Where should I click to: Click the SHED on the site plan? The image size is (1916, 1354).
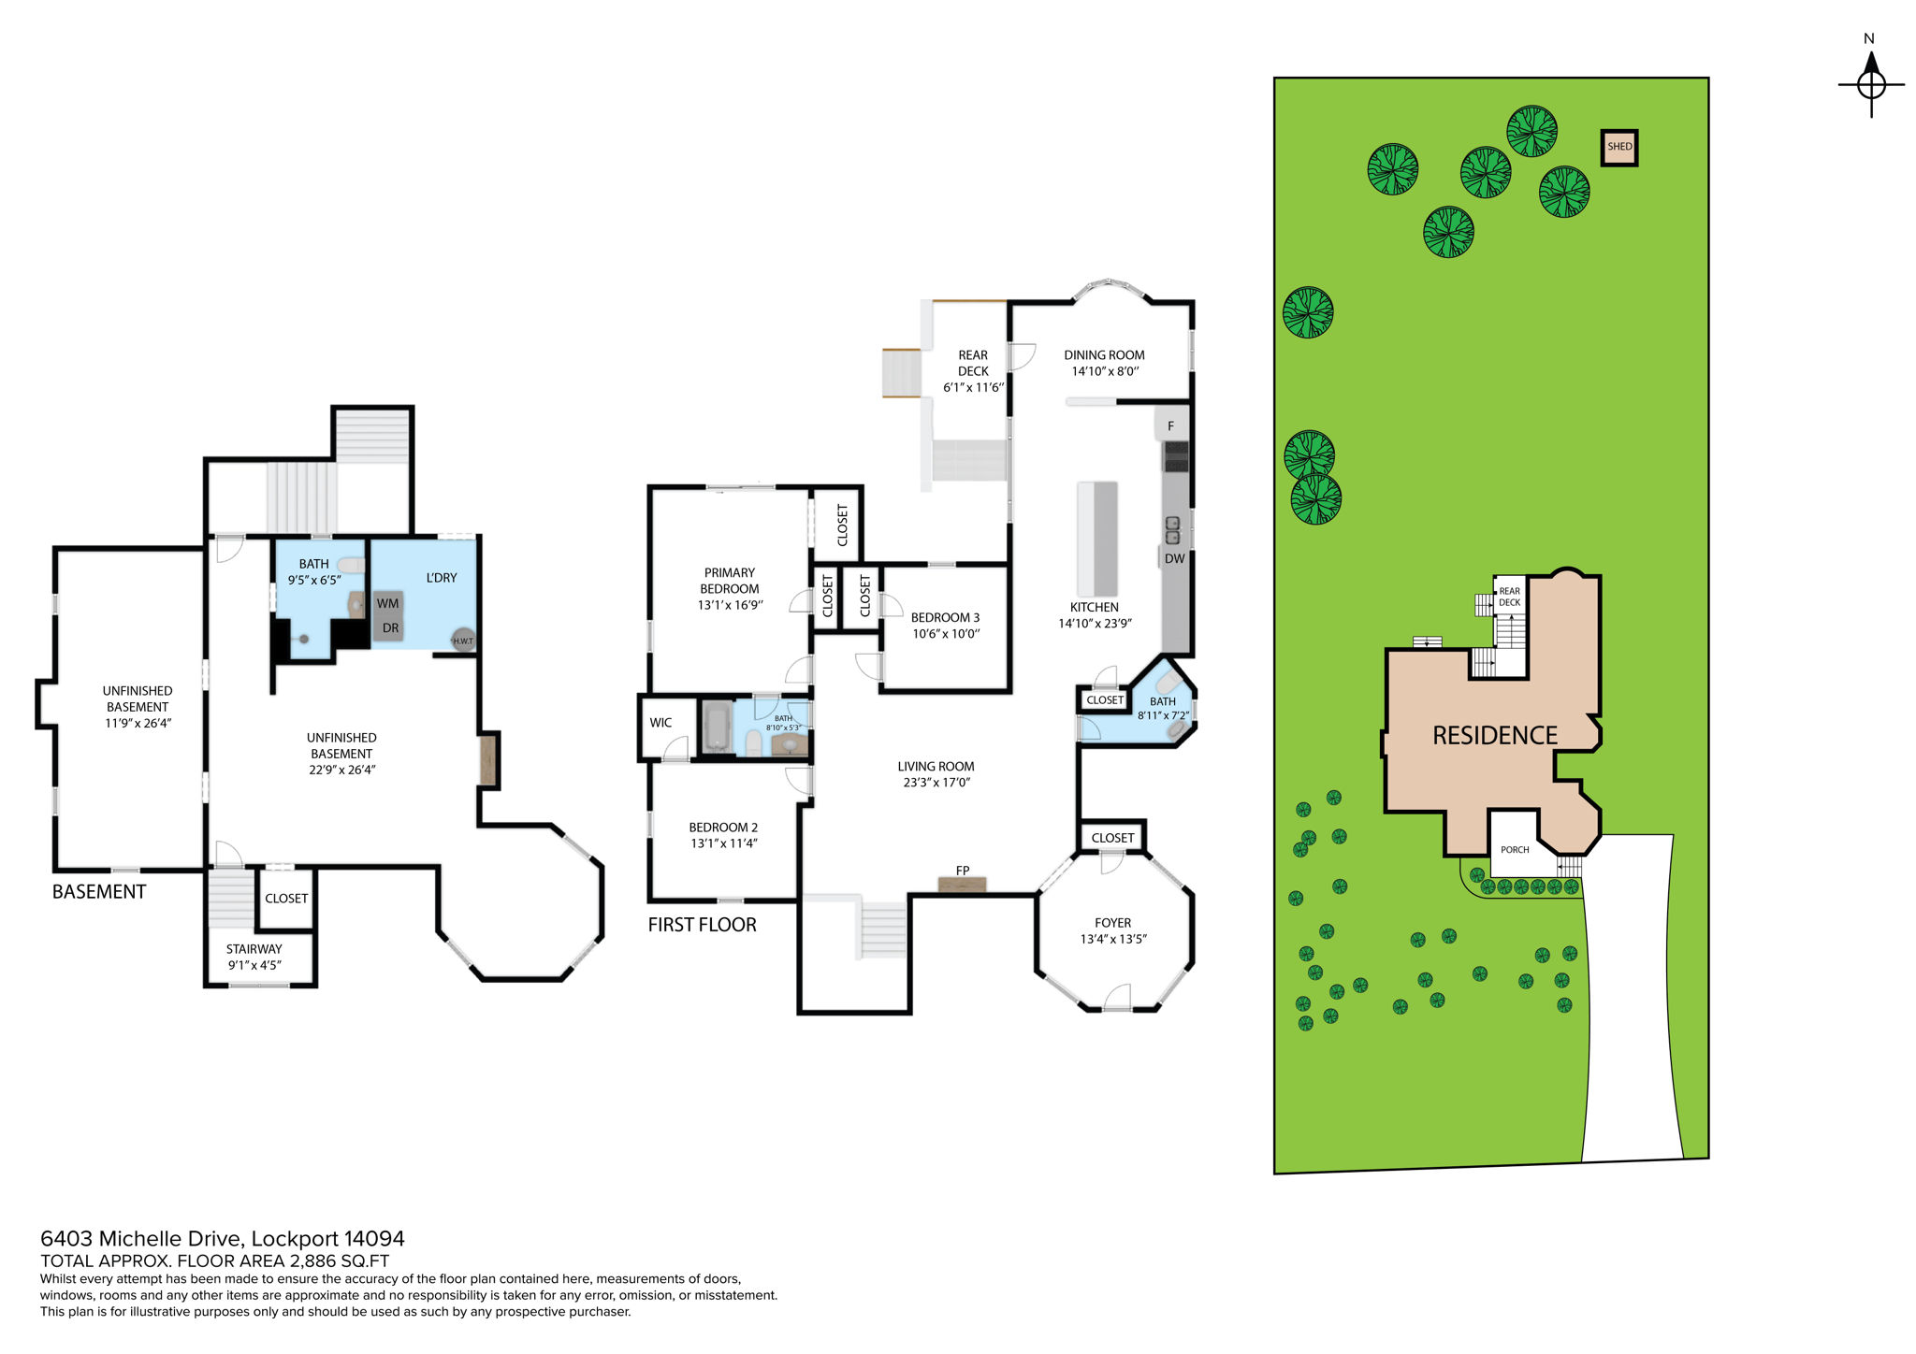1618,147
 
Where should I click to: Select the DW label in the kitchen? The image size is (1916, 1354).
1174,558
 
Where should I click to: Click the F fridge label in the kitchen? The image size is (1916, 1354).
1170,426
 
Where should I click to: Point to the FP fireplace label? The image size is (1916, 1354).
962,871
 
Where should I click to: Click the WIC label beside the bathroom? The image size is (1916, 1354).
660,723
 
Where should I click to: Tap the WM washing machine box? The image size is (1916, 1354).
388,604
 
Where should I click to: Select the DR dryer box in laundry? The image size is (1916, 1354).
390,628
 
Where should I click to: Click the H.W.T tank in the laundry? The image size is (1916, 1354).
462,640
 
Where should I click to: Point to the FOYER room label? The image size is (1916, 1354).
1112,922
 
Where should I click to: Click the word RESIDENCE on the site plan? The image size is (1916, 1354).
1494,736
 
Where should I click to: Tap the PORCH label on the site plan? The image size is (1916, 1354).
1515,850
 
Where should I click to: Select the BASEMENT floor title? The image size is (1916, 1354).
99,892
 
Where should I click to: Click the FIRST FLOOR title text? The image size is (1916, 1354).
702,925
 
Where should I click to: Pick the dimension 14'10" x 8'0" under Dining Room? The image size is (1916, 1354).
1104,371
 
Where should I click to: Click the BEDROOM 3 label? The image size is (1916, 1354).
945,617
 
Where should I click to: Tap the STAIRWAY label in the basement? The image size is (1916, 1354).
254,949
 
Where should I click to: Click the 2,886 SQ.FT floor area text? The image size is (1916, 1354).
339,1260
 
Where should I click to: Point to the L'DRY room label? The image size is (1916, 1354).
442,578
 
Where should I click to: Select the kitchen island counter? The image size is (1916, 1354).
1097,539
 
